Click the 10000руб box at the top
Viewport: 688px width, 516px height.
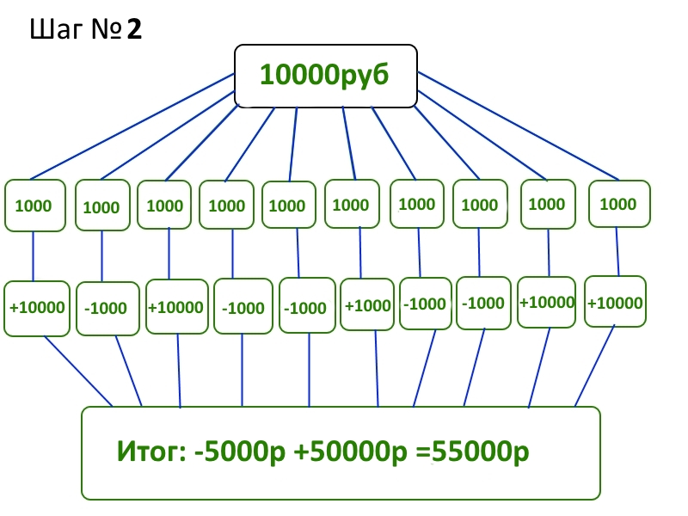326,76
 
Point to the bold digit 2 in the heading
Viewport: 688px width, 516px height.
133,31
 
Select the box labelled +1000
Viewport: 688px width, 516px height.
367,304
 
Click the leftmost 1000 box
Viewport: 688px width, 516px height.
35,206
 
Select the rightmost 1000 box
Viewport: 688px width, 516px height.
618,204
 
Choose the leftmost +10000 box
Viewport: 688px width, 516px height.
36,307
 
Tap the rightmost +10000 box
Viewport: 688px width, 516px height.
615,302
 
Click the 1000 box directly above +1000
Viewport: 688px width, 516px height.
351,205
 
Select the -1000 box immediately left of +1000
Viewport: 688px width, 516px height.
307,307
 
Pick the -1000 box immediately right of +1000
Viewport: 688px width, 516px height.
425,304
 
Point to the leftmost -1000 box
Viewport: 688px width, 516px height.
107,308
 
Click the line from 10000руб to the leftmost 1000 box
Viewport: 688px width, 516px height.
129,128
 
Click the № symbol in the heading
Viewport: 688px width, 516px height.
102,31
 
